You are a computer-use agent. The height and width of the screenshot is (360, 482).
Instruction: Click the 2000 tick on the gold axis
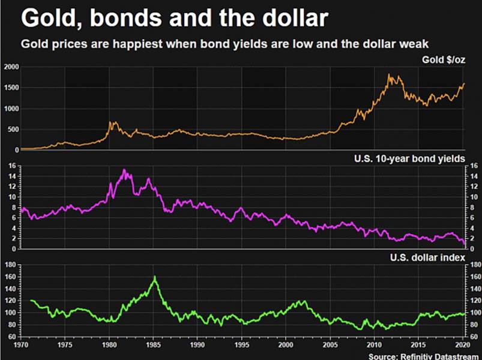[10, 67]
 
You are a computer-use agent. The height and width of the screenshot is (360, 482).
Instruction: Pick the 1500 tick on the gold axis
[10, 88]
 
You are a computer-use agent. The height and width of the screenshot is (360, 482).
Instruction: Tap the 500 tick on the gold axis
[12, 130]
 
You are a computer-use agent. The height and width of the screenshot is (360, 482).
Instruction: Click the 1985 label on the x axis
[153, 346]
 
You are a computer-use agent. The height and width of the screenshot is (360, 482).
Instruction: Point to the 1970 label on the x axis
[22, 346]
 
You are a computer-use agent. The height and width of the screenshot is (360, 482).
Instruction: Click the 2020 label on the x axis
[462, 346]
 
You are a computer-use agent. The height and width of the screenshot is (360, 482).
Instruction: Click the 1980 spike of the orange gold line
[110, 122]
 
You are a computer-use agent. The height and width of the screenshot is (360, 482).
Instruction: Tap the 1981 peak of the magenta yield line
[124, 170]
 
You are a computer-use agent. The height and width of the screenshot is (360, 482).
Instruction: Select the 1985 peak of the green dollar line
[155, 277]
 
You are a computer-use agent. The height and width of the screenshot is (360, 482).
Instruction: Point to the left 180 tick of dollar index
[10, 265]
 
